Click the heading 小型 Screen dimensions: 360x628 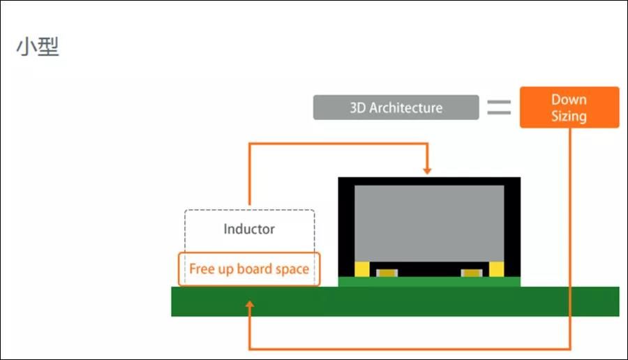point(38,47)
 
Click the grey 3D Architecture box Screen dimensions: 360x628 point(396,108)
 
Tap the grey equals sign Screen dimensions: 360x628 point(499,107)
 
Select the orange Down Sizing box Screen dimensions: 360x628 point(569,107)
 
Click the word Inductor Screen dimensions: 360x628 point(249,229)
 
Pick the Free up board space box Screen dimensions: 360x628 point(249,269)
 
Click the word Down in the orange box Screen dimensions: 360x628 point(569,100)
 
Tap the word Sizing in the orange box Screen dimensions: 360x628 point(569,116)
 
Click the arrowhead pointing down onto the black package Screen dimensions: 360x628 point(427,170)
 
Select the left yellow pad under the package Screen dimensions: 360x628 point(361,269)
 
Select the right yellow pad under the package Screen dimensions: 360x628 point(496,269)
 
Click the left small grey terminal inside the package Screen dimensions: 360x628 point(384,272)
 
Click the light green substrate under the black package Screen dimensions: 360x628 point(429,281)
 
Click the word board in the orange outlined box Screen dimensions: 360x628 point(255,269)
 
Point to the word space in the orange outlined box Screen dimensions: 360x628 point(292,269)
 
